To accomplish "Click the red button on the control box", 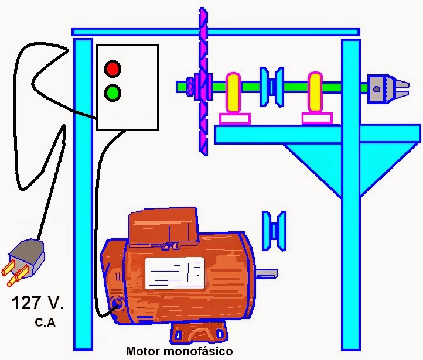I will click(112, 68).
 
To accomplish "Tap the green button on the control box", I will click(112, 92).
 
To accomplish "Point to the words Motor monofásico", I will click(179, 352).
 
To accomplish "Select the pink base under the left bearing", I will click(235, 119).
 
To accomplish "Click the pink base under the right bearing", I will click(317, 119).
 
